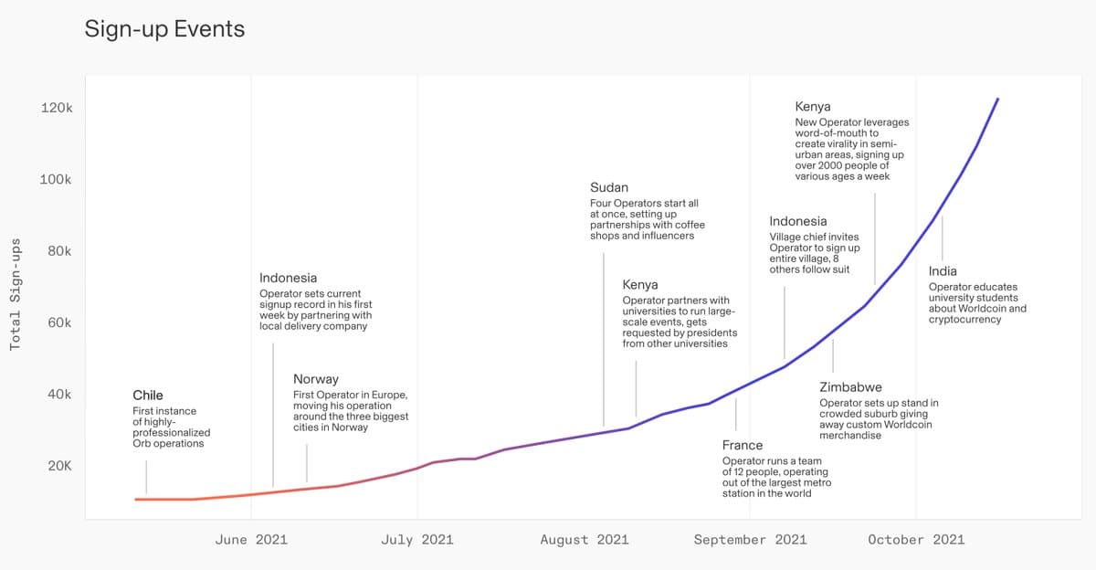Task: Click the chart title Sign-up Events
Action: point(164,29)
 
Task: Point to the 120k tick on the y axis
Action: point(57,108)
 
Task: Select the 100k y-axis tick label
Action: point(57,179)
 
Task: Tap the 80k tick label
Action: point(59,251)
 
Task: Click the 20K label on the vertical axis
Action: point(59,466)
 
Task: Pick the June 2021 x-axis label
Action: point(251,540)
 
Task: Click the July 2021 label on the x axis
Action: point(416,540)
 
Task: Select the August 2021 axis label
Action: point(585,540)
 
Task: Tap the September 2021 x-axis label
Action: point(750,540)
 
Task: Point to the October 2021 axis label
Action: point(916,540)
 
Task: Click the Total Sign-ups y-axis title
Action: point(16,294)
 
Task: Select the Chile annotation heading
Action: point(148,396)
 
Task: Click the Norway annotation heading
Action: point(316,379)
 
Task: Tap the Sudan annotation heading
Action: point(609,187)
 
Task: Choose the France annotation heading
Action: point(743,445)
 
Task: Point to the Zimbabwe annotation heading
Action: point(850,387)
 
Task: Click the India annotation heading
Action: point(943,271)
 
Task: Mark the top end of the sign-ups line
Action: point(997,99)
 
